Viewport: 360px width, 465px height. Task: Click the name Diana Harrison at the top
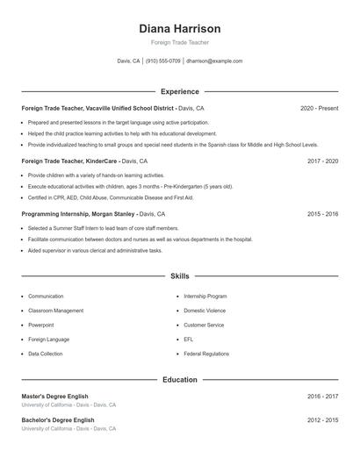180,29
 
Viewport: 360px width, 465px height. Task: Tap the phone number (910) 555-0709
163,61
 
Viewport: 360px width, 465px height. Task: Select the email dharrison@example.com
214,61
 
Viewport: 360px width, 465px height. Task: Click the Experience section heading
180,91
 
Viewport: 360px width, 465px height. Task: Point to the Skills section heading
180,276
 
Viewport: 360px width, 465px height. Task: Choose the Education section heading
180,380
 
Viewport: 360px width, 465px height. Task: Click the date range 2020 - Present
319,108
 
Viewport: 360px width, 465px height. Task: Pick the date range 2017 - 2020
322,161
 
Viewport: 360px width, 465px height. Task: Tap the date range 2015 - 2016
322,213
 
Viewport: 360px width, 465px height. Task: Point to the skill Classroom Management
55,311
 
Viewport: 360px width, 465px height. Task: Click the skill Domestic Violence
204,311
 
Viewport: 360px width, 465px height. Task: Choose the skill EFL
188,340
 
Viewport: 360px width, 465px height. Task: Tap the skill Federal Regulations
205,354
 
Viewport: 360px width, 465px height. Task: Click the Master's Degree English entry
54,397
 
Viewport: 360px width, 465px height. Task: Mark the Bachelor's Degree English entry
57,420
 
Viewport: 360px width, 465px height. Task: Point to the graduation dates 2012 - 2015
322,420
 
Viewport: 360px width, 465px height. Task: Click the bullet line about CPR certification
110,197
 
